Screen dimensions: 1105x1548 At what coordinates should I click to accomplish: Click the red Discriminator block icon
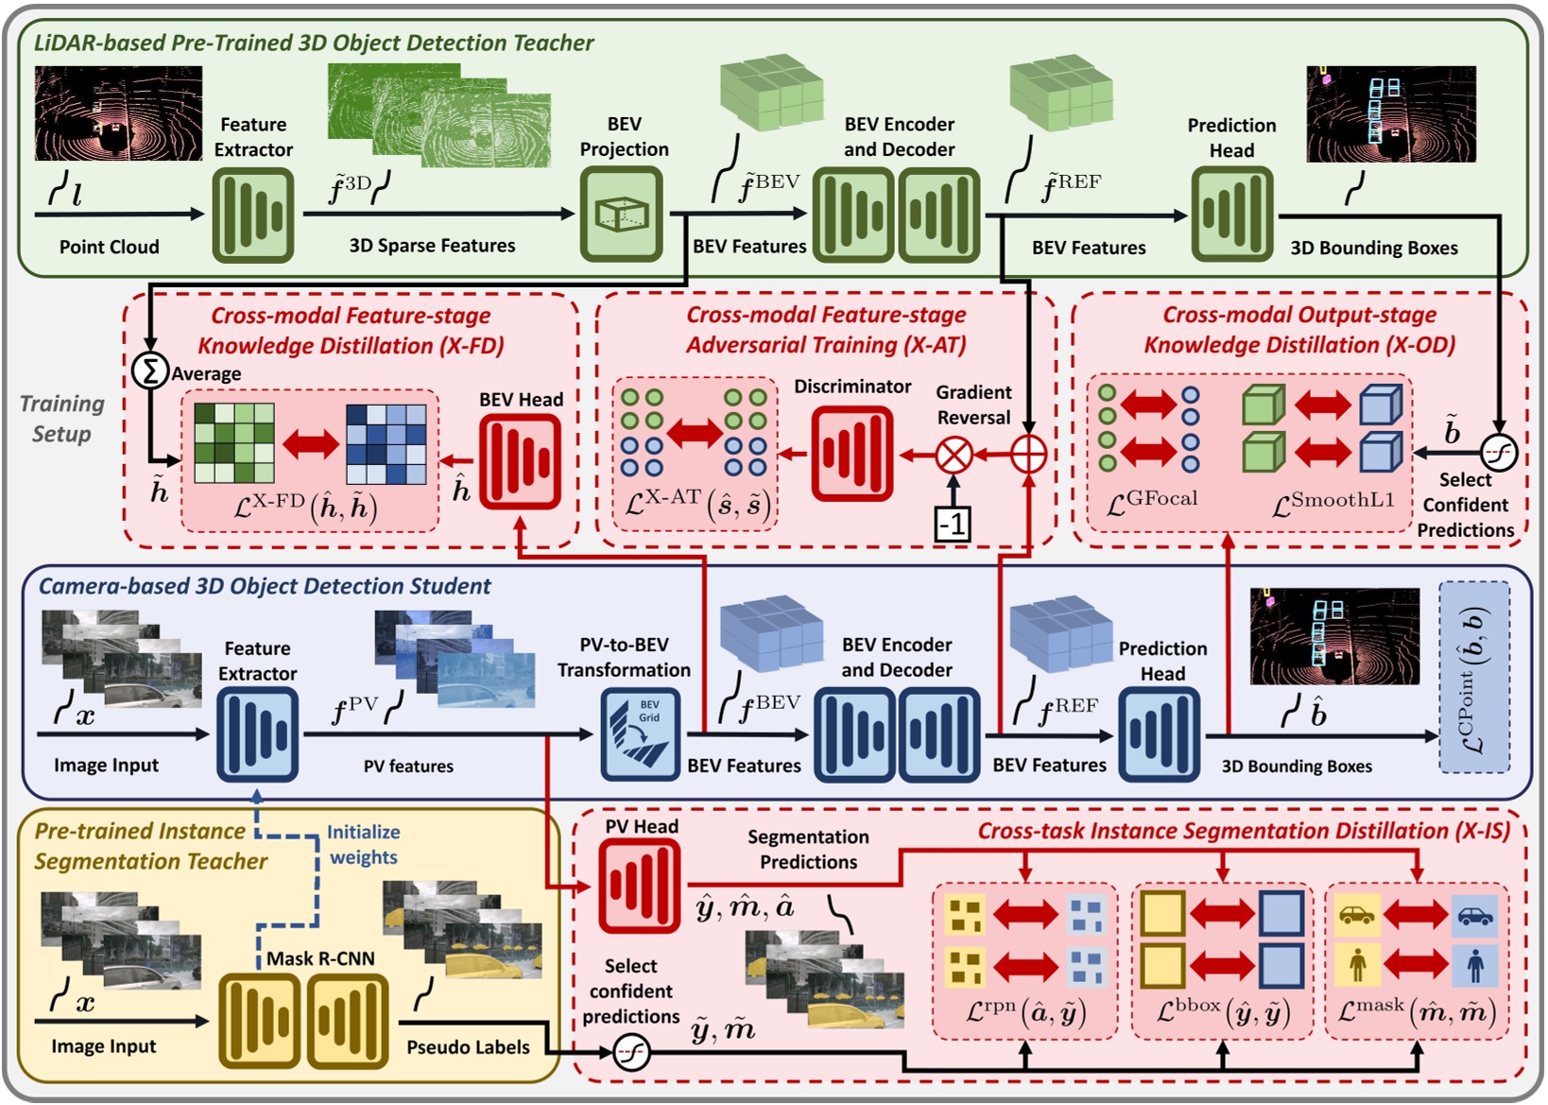852,455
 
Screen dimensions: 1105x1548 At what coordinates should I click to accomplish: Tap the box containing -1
953,523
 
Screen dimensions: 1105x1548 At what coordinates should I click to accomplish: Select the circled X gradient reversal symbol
954,456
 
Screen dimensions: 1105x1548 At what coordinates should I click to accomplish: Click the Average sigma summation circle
149,370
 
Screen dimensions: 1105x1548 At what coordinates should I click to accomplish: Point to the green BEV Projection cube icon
621,215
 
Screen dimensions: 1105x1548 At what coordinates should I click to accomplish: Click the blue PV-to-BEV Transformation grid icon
641,734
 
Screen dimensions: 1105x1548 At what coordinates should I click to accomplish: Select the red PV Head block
640,886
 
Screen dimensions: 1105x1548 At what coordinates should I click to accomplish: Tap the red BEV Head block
521,461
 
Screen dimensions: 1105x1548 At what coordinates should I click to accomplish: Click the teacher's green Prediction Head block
1231,215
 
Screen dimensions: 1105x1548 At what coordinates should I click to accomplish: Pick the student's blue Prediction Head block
1160,734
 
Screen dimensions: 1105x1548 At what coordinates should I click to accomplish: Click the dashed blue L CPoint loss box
1473,677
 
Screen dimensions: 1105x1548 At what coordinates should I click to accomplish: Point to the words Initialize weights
364,844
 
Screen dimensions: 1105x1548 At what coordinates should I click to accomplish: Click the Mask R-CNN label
320,958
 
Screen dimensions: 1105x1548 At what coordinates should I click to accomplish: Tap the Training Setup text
62,419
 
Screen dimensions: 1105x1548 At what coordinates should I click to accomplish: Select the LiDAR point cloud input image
118,112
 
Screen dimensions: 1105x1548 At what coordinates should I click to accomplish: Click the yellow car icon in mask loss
1357,915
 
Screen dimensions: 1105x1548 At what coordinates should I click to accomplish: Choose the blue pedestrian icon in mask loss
1475,965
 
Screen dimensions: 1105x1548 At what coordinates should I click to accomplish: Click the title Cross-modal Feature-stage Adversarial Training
826,329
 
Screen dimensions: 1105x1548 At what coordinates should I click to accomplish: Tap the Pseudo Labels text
468,1046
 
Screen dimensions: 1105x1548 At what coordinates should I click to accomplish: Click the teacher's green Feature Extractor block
252,215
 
